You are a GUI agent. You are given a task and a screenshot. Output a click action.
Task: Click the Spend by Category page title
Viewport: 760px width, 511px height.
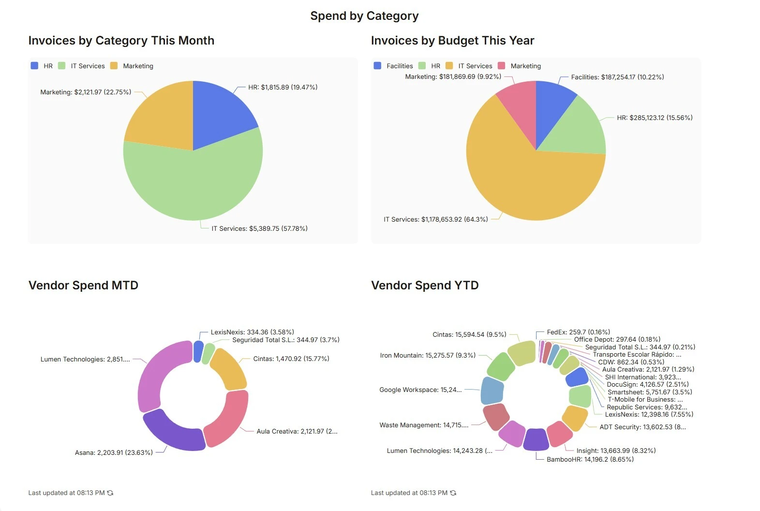(364, 16)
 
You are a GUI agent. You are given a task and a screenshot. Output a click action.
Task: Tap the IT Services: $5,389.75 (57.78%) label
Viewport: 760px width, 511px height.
(259, 228)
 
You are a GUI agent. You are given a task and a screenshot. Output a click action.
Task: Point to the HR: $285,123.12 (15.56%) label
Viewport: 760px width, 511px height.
(655, 118)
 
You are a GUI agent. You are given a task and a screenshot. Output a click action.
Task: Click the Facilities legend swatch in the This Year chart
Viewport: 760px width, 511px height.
(377, 66)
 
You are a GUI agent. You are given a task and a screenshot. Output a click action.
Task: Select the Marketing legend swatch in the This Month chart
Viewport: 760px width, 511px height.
(114, 66)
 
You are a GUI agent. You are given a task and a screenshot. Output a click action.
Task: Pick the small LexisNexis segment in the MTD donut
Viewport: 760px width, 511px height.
(198, 351)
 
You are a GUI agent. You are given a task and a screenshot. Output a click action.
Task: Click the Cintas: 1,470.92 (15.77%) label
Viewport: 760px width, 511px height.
(291, 359)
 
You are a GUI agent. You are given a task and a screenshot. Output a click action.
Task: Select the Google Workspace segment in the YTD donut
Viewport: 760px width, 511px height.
(492, 391)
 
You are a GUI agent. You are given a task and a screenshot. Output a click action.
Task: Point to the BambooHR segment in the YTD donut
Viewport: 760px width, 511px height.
(536, 439)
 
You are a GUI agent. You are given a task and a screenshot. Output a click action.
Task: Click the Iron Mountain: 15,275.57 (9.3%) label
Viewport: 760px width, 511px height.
(428, 355)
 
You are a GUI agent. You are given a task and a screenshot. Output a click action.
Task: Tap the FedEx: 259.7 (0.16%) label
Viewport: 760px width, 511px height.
(578, 332)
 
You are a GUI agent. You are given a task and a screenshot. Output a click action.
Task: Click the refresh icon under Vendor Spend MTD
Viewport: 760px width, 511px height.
(110, 493)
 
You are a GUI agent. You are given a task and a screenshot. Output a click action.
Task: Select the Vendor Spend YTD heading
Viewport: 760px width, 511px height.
(425, 286)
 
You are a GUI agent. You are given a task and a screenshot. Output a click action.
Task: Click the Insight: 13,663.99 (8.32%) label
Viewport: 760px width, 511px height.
(616, 451)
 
